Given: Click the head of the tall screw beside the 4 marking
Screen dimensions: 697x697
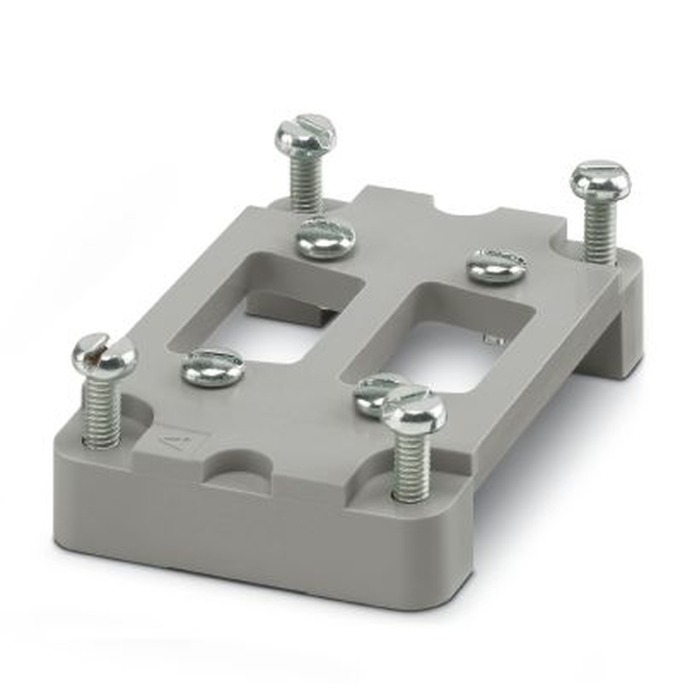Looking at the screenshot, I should tap(104, 356).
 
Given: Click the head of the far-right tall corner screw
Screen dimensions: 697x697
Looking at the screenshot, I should tap(600, 181).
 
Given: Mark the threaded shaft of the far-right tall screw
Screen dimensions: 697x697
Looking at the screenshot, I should tap(599, 231).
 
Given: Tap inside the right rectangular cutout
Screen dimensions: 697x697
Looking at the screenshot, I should tap(446, 355).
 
